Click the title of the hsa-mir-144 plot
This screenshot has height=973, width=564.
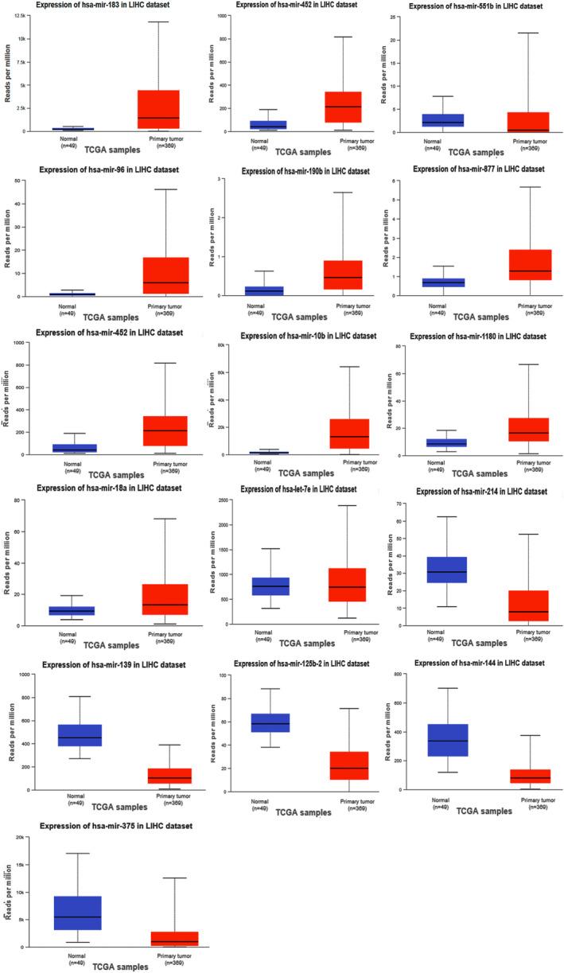(472, 674)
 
